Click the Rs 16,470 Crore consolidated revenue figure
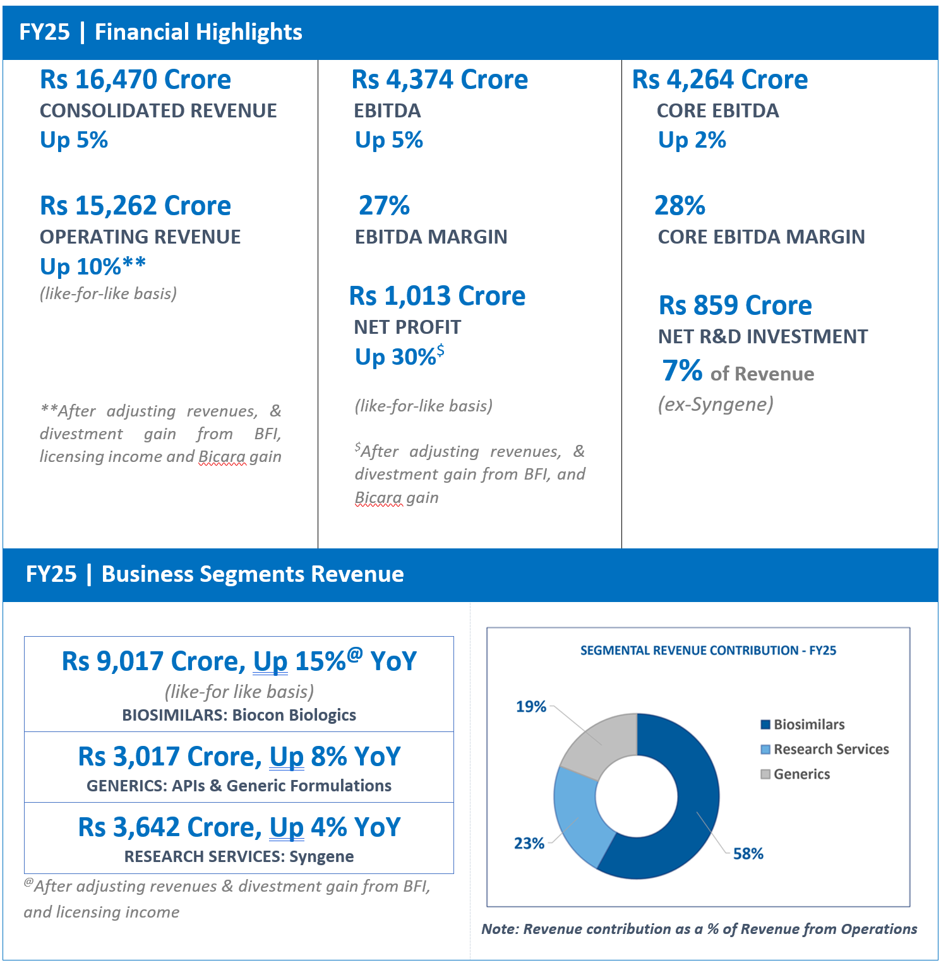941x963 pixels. click(x=135, y=80)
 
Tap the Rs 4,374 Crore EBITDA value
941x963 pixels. click(x=440, y=80)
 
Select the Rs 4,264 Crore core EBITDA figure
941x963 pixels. click(x=720, y=80)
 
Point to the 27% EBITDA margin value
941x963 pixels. click(x=384, y=205)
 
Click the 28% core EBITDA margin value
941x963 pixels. click(x=680, y=205)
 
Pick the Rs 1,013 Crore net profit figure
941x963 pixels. click(x=437, y=296)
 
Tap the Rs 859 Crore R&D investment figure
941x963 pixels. click(x=735, y=305)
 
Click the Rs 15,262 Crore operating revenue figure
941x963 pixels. click(x=135, y=206)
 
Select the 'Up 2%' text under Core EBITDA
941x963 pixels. click(x=692, y=140)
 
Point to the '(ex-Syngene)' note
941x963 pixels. click(x=716, y=404)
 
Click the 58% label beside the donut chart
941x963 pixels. click(x=748, y=854)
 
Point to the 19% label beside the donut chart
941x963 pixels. click(x=531, y=707)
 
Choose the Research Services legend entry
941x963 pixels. click(x=825, y=749)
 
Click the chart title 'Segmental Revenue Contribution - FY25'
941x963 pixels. click(x=708, y=651)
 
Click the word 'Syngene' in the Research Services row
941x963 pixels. click(x=321, y=857)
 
